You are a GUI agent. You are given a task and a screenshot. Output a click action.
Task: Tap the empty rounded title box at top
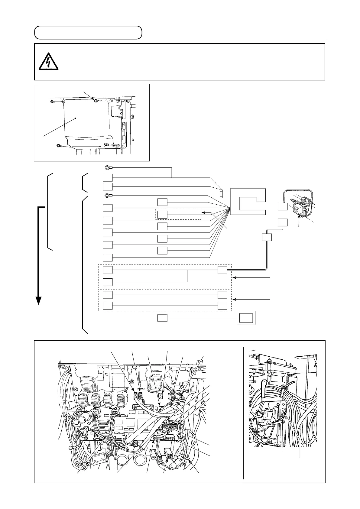[x=88, y=33]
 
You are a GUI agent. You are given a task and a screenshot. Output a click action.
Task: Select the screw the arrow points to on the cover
[x=96, y=100]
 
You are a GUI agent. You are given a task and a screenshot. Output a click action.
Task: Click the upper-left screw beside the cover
[x=53, y=101]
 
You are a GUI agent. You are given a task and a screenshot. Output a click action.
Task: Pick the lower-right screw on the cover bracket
[x=107, y=144]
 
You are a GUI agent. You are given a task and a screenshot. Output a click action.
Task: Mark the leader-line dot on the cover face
[x=76, y=118]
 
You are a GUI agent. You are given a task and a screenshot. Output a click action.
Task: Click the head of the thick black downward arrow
[x=38, y=300]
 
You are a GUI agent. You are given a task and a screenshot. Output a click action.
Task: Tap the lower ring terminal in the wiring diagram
[x=107, y=195]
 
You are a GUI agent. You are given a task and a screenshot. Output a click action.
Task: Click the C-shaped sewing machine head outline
[x=248, y=201]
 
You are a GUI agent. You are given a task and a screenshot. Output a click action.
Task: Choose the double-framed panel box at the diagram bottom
[x=246, y=318]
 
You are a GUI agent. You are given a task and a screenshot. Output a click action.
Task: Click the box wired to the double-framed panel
[x=162, y=318]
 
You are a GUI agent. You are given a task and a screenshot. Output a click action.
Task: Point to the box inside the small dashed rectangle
[x=162, y=214]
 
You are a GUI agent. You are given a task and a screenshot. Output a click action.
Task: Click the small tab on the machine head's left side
[x=221, y=193]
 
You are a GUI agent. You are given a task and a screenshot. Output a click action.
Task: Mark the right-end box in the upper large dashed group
[x=222, y=270]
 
